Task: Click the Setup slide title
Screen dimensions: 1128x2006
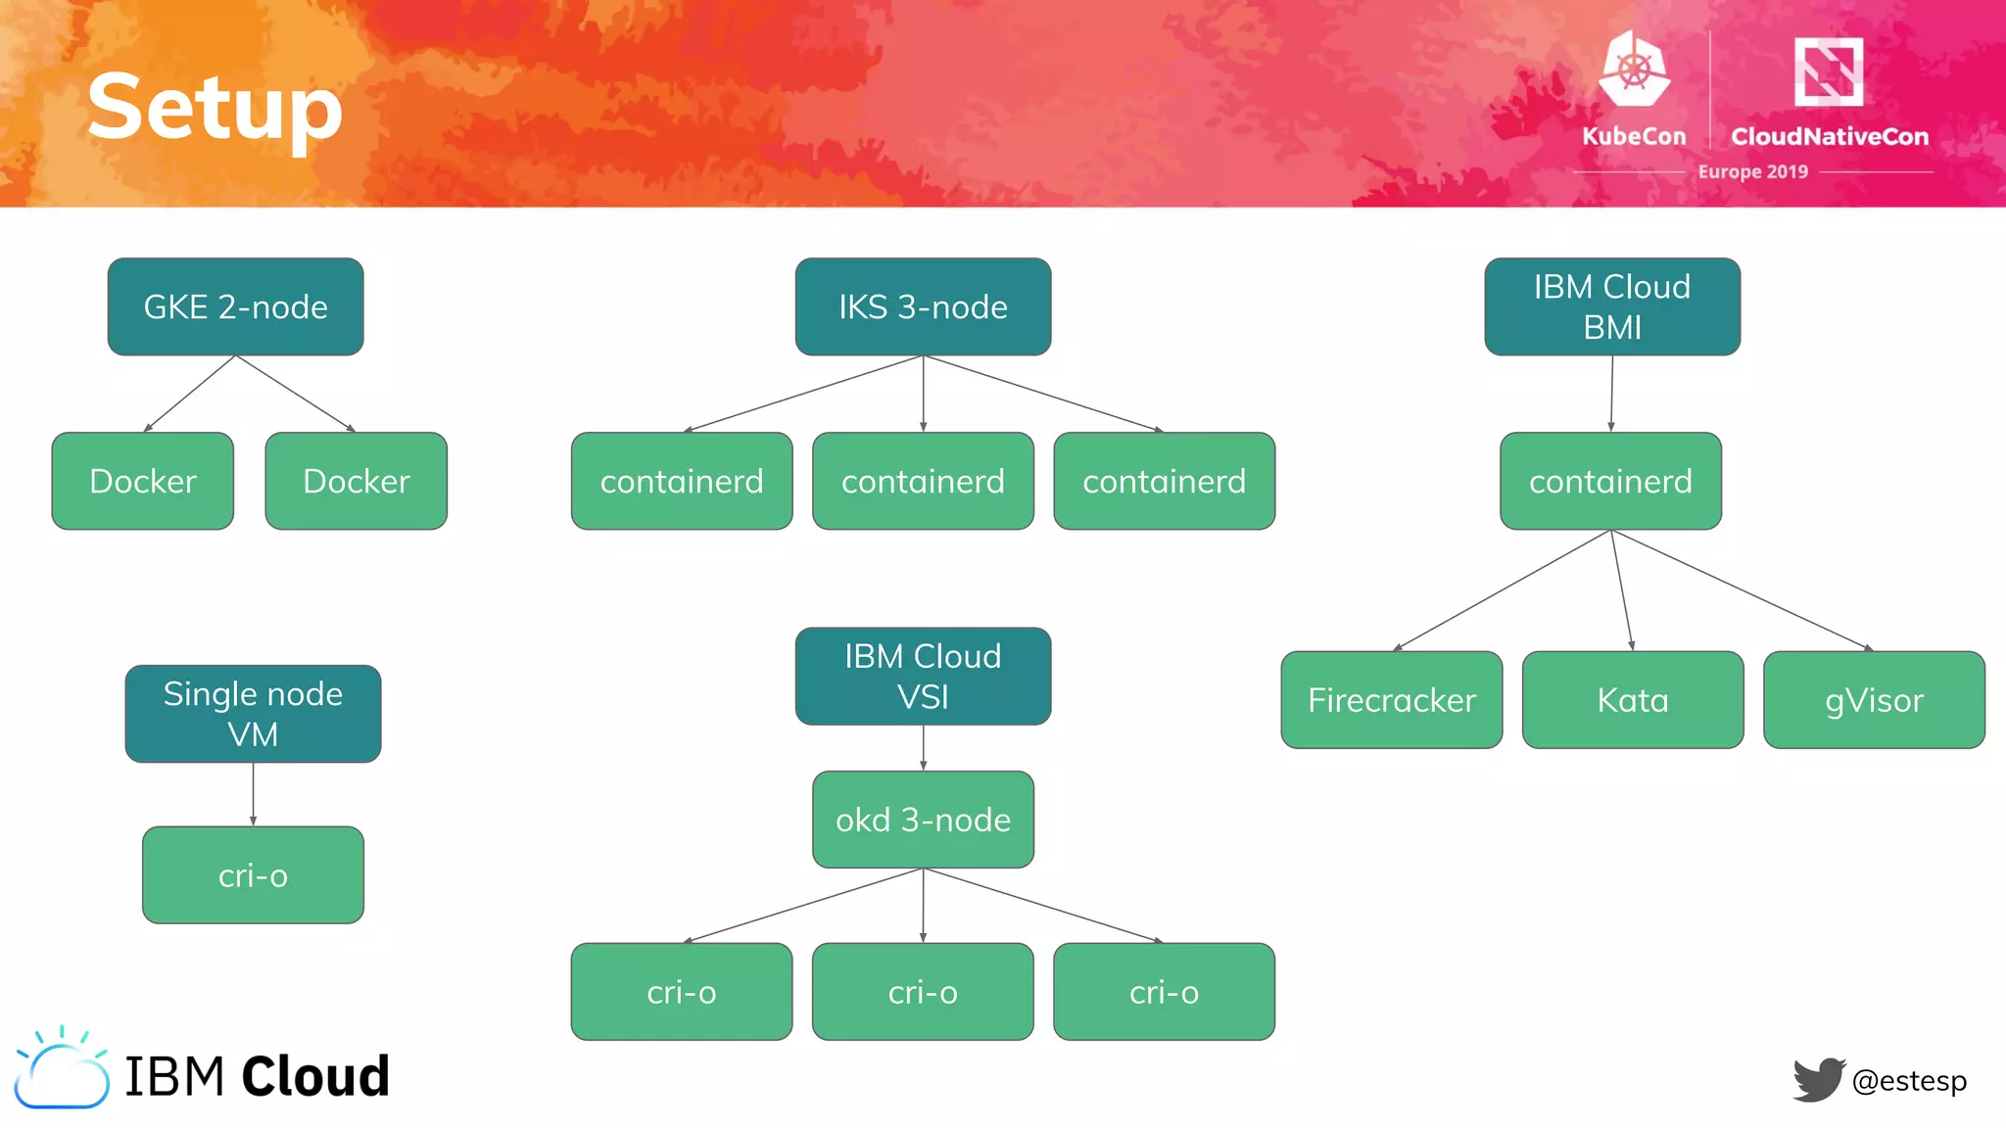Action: tap(215, 108)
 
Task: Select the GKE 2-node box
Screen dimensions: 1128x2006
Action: tap(235, 306)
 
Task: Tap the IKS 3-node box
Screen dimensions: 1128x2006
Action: tap(923, 306)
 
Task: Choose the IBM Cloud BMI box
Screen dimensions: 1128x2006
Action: tap(1611, 306)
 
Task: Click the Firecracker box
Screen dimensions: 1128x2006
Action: tap(1391, 700)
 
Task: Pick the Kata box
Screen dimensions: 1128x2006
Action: tap(1632, 700)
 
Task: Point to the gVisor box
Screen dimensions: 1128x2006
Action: tap(1873, 700)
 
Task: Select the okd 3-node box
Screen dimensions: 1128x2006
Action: tap(923, 820)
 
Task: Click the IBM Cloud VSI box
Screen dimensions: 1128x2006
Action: tap(923, 677)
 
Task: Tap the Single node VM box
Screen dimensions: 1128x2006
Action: tap(253, 714)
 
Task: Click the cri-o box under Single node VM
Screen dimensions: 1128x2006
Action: tap(253, 875)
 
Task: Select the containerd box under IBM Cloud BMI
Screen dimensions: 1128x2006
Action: tap(1610, 481)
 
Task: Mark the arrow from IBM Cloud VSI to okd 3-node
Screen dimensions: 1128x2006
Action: tap(923, 748)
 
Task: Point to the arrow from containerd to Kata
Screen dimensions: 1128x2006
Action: tap(1622, 590)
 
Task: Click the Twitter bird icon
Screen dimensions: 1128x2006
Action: tap(1818, 1079)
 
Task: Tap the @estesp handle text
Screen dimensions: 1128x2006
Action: tap(1909, 1081)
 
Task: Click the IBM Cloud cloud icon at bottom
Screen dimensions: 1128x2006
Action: tap(62, 1072)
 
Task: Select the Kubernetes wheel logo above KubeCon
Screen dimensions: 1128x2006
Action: tap(1634, 70)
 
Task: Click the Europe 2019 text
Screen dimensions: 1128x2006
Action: tap(1752, 171)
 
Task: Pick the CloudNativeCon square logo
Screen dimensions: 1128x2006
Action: tap(1828, 71)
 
